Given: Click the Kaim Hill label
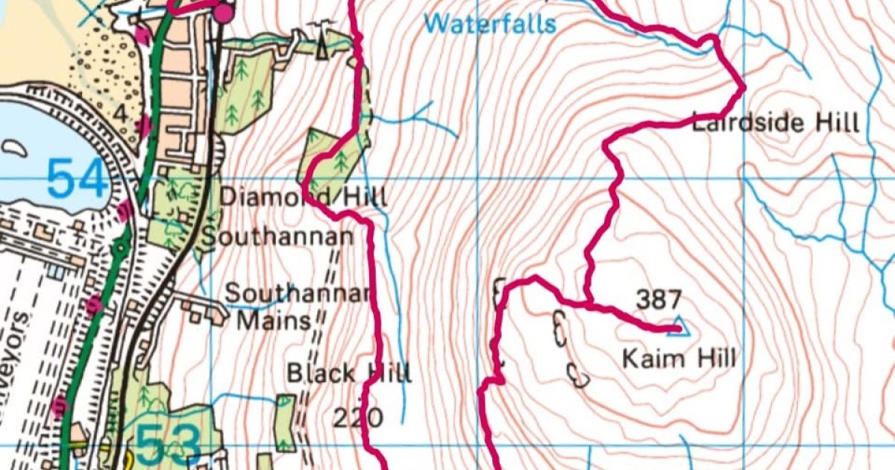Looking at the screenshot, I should [679, 359].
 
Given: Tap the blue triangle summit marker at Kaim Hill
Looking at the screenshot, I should [677, 326].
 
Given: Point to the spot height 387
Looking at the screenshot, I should [658, 301].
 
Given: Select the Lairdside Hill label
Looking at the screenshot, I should [776, 122].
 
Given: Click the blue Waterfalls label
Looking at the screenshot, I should [491, 24].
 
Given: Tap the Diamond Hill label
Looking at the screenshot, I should [304, 198].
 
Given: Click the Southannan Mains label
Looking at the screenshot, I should [297, 306].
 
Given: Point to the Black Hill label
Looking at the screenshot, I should [349, 372].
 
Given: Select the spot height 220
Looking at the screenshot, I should [358, 417].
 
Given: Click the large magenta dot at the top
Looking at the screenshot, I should [223, 13].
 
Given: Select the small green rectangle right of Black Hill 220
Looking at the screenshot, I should [284, 422].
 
